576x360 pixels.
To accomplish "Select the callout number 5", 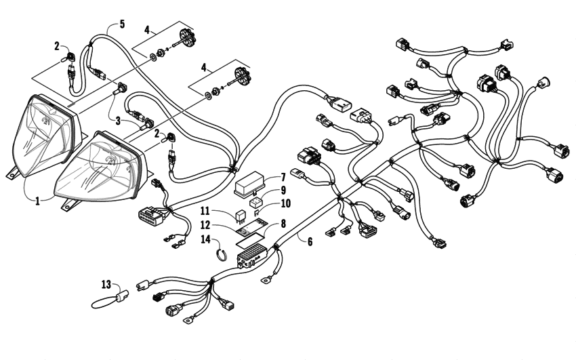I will [121, 24].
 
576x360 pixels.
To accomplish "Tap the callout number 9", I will [283, 191].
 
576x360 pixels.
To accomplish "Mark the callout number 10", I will [285, 203].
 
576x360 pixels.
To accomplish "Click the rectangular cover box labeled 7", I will [251, 184].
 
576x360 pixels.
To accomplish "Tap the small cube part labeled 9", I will [255, 201].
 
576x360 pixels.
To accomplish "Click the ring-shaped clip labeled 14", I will [220, 254].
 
